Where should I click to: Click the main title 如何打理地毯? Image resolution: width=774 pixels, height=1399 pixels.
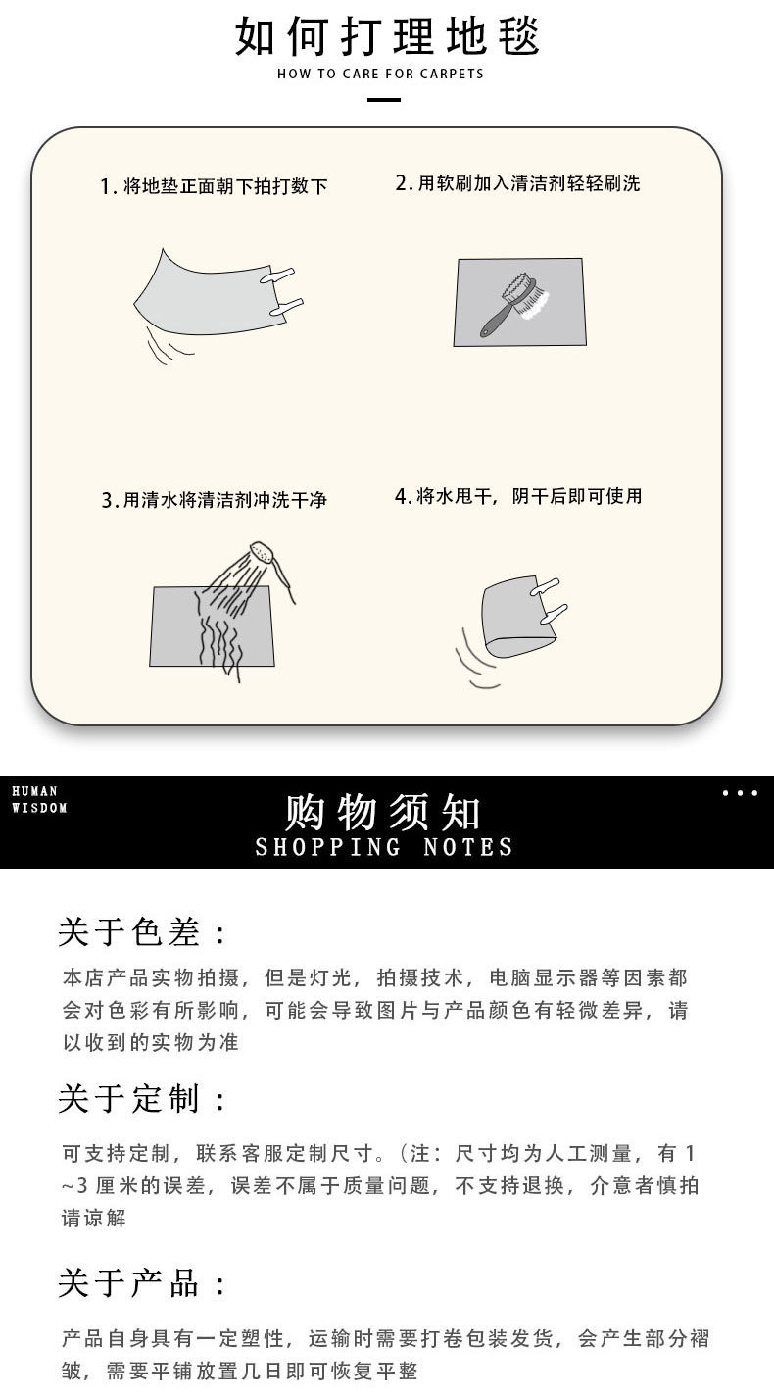tap(387, 36)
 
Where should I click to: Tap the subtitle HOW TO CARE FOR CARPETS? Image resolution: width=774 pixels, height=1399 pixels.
tap(380, 74)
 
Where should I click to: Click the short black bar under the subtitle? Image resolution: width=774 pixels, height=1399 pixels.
tap(383, 100)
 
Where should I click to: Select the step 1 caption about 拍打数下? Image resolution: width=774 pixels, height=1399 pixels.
tap(214, 186)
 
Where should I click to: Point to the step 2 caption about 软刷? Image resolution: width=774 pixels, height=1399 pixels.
tap(517, 183)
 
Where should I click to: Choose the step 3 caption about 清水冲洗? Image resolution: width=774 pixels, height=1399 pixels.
tap(214, 500)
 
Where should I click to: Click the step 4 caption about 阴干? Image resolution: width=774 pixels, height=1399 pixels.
tap(518, 496)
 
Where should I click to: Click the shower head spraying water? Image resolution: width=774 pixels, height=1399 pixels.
tap(261, 554)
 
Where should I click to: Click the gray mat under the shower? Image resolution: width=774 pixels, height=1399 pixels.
tap(176, 627)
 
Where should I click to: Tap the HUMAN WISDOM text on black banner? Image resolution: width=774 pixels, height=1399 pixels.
tap(39, 799)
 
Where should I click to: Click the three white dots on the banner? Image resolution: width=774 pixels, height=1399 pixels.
tap(740, 793)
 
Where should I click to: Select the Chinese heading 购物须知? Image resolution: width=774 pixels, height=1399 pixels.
tap(383, 812)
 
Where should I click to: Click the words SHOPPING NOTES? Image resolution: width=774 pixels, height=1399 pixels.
tap(384, 847)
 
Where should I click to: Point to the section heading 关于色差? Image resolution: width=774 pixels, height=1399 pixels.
tap(142, 932)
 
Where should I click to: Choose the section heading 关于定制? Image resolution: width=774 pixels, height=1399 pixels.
tap(142, 1099)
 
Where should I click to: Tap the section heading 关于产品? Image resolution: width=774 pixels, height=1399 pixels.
tap(142, 1282)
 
